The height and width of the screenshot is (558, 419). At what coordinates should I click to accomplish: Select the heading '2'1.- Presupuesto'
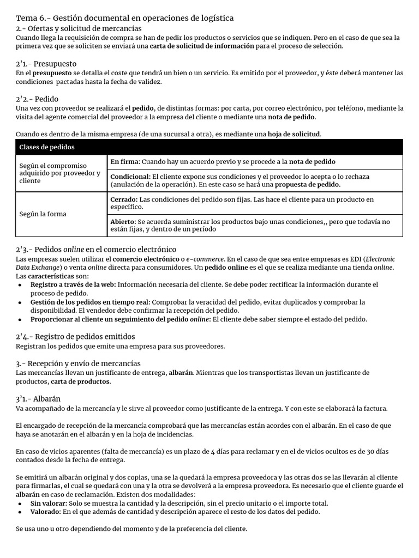(x=46, y=64)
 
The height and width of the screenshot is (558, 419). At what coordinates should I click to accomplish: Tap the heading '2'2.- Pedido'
(x=37, y=99)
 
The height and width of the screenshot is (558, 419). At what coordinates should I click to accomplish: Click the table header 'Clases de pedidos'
(x=47, y=148)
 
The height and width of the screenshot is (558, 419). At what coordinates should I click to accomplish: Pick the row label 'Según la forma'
(x=43, y=214)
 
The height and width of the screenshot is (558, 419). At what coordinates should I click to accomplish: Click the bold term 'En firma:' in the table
(x=125, y=162)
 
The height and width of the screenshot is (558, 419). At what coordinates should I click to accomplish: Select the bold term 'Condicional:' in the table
(x=130, y=177)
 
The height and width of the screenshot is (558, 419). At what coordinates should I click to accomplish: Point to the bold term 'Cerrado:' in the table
(x=124, y=199)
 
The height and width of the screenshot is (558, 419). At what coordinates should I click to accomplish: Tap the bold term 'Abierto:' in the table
(x=123, y=222)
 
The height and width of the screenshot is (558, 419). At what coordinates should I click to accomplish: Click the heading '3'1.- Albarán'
(x=38, y=398)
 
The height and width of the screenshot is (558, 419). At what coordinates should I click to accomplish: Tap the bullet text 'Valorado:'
(x=46, y=512)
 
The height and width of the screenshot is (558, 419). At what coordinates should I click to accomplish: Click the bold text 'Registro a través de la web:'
(x=73, y=284)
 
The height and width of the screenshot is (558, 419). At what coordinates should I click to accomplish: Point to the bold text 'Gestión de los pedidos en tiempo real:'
(x=90, y=302)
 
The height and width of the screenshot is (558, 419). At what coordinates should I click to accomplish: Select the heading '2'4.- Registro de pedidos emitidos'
(x=75, y=336)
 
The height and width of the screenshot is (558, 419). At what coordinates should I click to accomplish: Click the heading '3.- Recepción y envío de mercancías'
(x=78, y=363)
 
